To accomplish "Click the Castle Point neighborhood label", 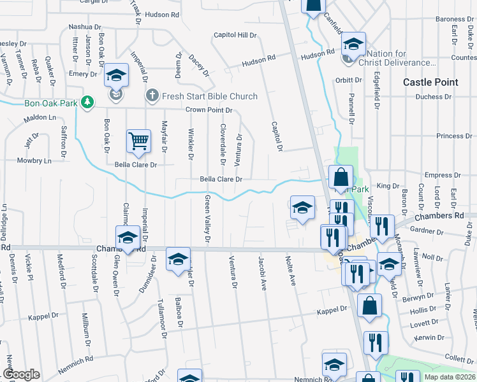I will (430, 82).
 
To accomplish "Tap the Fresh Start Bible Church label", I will (210, 96).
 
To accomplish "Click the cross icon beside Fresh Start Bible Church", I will (152, 96).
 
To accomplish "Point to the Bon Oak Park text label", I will (50, 102).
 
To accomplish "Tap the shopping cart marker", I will (138, 141).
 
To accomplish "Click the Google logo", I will (21, 374).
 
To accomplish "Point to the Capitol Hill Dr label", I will (235, 35).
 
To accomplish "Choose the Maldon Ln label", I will (40, 118).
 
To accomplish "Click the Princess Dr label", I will (450, 136).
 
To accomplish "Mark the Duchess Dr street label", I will (433, 97).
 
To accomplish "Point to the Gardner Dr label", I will (421, 230).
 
